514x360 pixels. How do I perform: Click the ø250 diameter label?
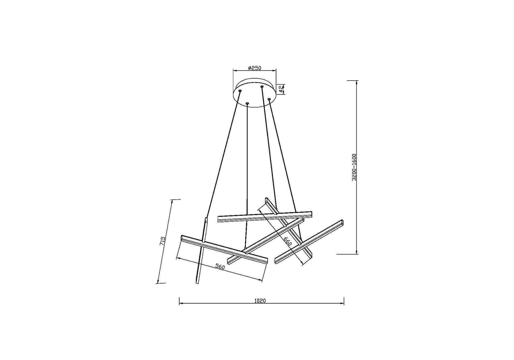(x=255, y=68)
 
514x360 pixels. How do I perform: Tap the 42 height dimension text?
(x=281, y=88)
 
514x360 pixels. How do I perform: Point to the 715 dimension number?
(x=162, y=241)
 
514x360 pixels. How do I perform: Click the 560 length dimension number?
(x=220, y=266)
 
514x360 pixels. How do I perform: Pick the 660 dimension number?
(x=287, y=241)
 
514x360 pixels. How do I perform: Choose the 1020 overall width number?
(x=260, y=301)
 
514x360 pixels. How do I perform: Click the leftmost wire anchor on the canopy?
(x=240, y=90)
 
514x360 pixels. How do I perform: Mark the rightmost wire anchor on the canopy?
(x=269, y=99)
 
